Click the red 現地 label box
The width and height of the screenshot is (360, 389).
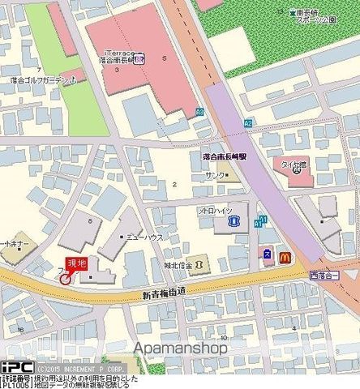tap(75, 263)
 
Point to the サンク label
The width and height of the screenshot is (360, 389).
tap(214, 175)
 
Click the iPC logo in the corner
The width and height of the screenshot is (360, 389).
tap(16, 366)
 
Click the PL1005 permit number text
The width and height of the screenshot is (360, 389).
tap(16, 384)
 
